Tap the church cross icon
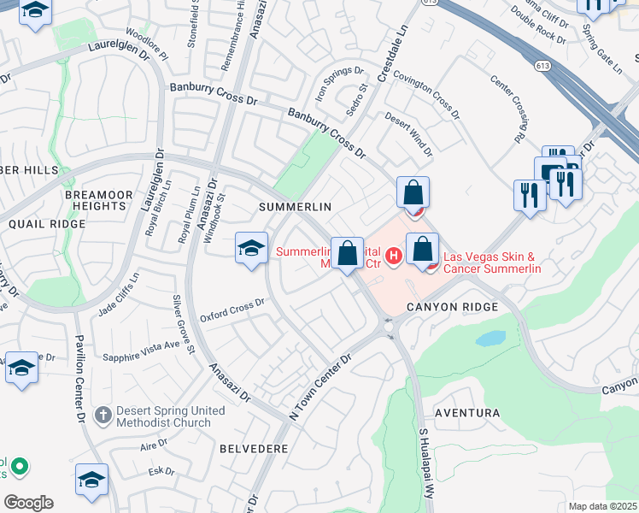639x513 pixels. coord(102,416)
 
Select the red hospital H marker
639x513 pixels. coord(393,255)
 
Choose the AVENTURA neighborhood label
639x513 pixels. coord(467,413)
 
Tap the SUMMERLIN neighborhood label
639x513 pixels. coord(295,208)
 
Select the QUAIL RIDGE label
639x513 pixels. coord(47,224)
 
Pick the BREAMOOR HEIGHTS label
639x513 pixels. coord(99,200)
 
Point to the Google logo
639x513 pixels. coord(28,503)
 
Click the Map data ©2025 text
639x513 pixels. coord(603,506)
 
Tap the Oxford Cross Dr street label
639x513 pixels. coord(232,310)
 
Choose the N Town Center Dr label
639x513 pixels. coord(321,386)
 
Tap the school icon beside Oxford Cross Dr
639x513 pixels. coord(251,248)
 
